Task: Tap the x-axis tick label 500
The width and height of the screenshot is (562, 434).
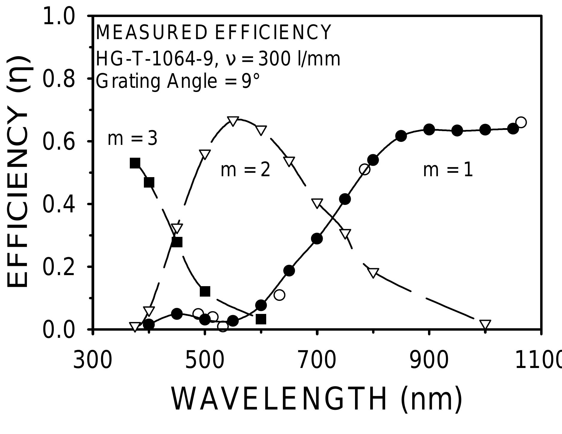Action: [x=205, y=361]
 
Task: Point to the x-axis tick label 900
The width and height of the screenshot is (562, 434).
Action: [x=429, y=361]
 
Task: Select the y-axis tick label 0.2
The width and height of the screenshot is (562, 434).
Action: [x=59, y=267]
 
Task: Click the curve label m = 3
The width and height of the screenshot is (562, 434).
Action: [x=132, y=139]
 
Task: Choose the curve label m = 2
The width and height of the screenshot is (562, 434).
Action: [x=245, y=170]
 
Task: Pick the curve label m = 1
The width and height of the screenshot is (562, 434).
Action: [x=448, y=170]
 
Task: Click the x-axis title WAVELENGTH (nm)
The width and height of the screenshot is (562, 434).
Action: [x=317, y=399]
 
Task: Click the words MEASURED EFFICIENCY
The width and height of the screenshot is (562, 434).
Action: [x=213, y=32]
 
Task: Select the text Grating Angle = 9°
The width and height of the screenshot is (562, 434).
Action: [x=178, y=81]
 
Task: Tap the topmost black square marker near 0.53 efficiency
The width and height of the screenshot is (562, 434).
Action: [x=135, y=163]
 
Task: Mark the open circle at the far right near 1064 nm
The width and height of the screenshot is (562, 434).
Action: [x=521, y=122]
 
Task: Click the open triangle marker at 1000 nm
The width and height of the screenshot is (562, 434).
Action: [x=485, y=325]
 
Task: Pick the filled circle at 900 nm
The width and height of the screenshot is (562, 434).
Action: [x=429, y=130]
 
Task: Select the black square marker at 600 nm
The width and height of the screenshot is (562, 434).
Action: [x=261, y=319]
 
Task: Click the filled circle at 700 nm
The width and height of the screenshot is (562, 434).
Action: [x=317, y=239]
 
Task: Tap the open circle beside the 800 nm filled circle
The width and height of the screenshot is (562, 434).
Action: [x=365, y=169]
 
